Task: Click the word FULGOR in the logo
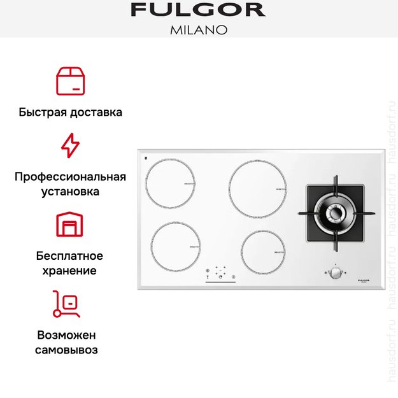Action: click(198, 10)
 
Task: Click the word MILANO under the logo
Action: click(198, 29)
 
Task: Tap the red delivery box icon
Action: click(70, 80)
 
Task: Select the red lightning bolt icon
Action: click(70, 146)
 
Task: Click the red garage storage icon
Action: click(70, 225)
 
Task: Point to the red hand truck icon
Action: click(66, 304)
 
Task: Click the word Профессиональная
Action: click(70, 176)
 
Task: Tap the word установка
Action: click(70, 191)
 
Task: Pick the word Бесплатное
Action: click(70, 256)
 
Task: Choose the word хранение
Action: click(70, 271)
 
